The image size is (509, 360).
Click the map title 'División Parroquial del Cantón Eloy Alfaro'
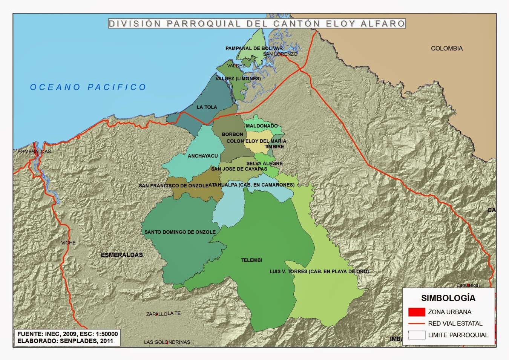point(257,23)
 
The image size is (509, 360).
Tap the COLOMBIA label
point(446,48)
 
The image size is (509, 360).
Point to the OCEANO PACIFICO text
point(88,87)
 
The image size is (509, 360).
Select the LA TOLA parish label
point(207,107)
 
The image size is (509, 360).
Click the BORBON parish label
point(232,134)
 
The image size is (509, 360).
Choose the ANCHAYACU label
point(202,156)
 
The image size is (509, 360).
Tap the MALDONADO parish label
point(262,126)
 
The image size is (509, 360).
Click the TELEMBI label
point(251,260)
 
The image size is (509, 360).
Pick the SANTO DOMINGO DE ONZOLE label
point(180,232)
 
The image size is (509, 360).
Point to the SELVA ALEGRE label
point(264,164)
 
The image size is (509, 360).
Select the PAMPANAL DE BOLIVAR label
point(254,48)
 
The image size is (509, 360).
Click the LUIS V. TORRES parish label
point(319,271)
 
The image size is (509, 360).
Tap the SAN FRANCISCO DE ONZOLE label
point(173,185)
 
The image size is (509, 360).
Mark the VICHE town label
point(68,243)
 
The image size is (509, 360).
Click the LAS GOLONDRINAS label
point(167,342)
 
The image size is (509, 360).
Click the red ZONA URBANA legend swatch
point(417,312)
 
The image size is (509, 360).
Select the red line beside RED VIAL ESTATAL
point(417,323)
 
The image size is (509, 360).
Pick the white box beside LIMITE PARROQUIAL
point(417,335)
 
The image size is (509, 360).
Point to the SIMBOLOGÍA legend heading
point(448,298)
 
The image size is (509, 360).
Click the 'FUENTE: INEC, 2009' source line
point(67,334)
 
